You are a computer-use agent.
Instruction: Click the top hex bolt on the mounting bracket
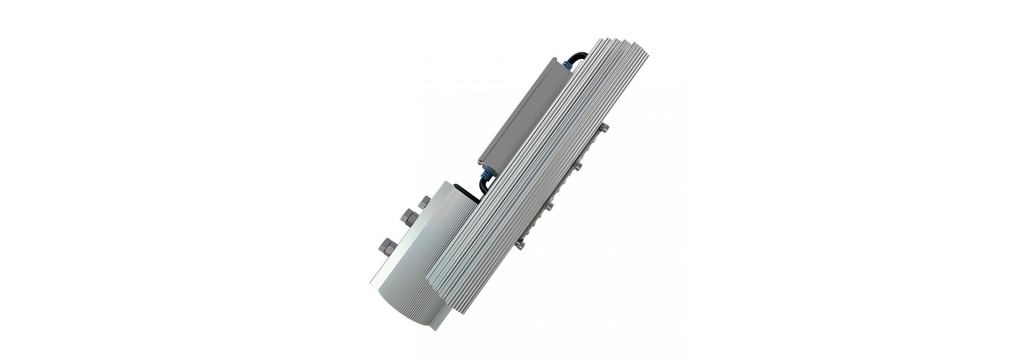click(x=424, y=202)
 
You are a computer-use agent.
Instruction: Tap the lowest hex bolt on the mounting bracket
click(x=386, y=246)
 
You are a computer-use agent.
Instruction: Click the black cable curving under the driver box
click(x=484, y=185)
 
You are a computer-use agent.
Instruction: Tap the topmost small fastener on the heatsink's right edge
click(x=604, y=128)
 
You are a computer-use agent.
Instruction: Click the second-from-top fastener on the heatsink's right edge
click(x=578, y=167)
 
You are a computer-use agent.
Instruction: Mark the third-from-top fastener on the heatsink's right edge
click(x=549, y=205)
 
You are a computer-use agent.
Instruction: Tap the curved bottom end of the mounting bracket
click(x=410, y=310)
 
